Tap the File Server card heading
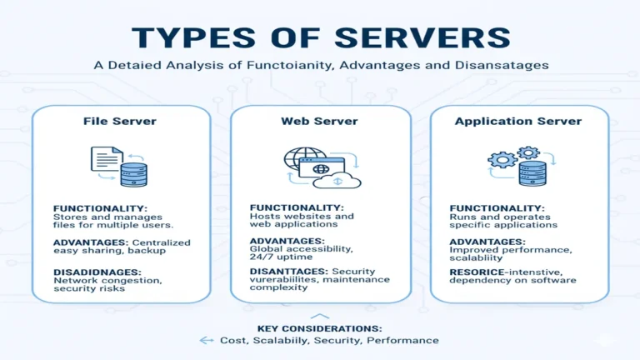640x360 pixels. tap(120, 121)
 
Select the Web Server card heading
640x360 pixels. tap(319, 121)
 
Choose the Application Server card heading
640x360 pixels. tap(518, 121)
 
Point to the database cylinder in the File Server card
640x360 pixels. tap(133, 172)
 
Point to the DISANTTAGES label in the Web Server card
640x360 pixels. tap(288, 272)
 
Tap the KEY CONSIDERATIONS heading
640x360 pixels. tap(318, 327)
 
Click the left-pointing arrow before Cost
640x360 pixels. tap(207, 341)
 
